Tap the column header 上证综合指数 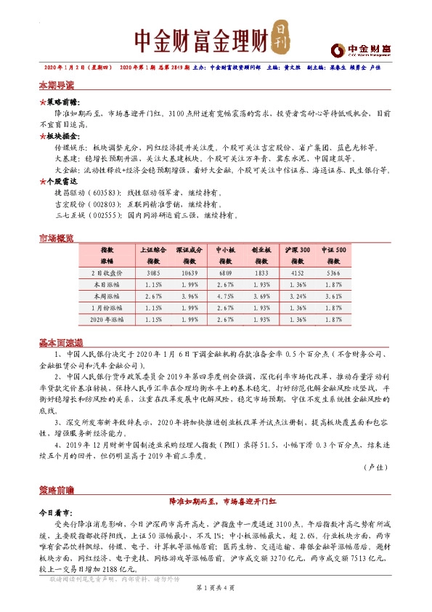(153, 254)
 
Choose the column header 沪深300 (298, 249)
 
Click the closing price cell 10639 (188, 273)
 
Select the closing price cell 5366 (333, 273)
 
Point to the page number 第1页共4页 (215, 605)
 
